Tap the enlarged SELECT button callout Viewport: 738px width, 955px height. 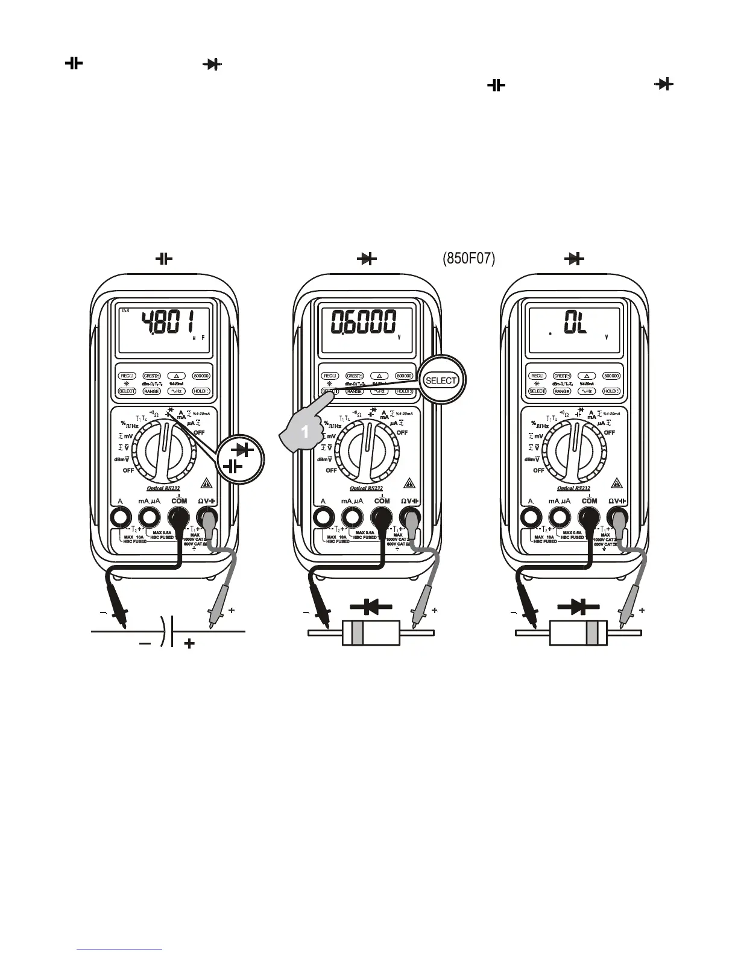pos(441,380)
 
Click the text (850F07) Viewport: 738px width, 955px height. pos(468,259)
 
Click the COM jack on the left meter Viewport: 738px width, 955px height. pos(178,517)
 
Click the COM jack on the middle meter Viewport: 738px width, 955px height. pos(381,517)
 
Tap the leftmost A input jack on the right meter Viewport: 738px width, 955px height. pos(531,517)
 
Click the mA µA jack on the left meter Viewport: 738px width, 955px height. pos(147,517)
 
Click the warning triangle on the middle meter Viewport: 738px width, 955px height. pos(409,484)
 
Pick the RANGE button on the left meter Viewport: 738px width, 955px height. pos(151,391)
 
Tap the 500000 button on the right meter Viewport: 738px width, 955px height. pos(611,376)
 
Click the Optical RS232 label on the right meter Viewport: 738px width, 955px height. pos(573,489)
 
